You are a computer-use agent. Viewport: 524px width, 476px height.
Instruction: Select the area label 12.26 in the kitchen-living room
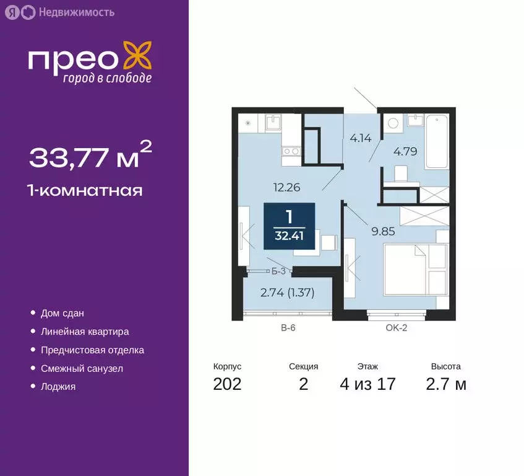pos(287,186)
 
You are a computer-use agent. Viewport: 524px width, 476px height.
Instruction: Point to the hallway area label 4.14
pos(360,138)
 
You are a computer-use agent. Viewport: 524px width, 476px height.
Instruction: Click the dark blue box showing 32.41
pos(289,226)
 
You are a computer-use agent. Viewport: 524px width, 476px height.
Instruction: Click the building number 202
pos(227,384)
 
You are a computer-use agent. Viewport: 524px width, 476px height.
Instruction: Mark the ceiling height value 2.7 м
pos(446,384)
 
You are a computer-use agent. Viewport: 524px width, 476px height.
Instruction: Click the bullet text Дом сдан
pos(62,314)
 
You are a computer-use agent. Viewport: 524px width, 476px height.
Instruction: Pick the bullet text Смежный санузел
pos(82,368)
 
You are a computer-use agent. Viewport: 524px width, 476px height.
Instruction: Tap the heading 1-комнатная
pos(85,190)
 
